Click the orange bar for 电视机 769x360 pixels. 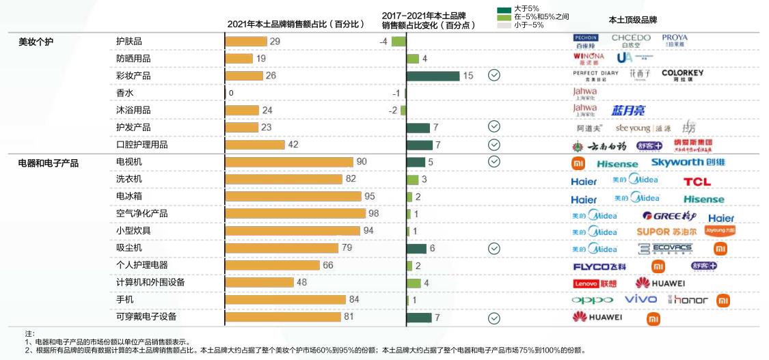coord(289,162)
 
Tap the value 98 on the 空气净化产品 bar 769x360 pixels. coord(373,214)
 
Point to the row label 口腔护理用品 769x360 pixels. coord(141,145)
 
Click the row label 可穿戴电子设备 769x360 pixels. coord(146,317)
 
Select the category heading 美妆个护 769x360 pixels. coord(36,42)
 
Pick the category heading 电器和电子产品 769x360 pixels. coord(48,163)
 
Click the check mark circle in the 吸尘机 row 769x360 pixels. coord(494,249)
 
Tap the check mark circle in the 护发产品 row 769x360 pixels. coord(494,127)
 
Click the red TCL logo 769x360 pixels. coord(697,182)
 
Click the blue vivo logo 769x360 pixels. coord(640,300)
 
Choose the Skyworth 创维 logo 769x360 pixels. coord(688,163)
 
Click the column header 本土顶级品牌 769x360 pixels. coord(632,20)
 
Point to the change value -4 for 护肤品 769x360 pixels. coord(383,42)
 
